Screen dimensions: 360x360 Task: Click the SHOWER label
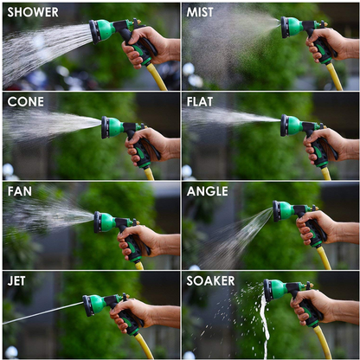pyautogui.click(x=33, y=12)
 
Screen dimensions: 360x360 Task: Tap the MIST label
pyautogui.click(x=200, y=12)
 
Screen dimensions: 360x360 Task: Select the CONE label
pyautogui.click(x=26, y=102)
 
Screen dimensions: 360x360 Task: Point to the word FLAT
pyautogui.click(x=200, y=102)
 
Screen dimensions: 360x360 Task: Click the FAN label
pyautogui.click(x=20, y=191)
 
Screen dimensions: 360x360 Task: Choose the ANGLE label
pyautogui.click(x=207, y=191)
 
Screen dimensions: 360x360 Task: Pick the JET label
pyautogui.click(x=16, y=281)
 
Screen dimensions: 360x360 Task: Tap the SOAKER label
pyautogui.click(x=210, y=281)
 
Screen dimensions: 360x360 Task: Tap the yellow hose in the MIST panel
pyautogui.click(x=335, y=77)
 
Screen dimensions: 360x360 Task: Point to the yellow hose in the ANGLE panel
pyautogui.click(x=324, y=257)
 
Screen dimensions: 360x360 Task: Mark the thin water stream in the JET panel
pyautogui.click(x=43, y=312)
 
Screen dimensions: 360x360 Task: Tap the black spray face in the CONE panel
pyautogui.click(x=105, y=127)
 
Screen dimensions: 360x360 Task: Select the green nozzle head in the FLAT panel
pyautogui.click(x=295, y=125)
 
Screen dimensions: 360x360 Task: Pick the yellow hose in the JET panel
pyautogui.click(x=145, y=346)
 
